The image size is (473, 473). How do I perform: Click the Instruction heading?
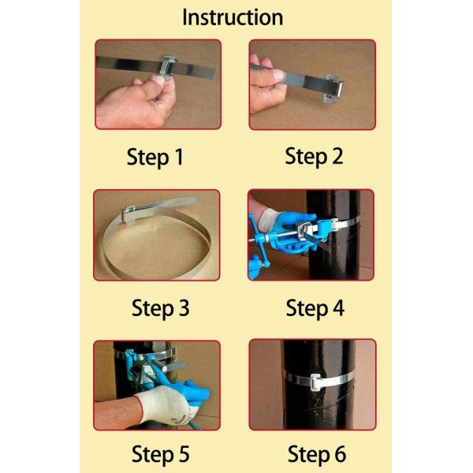tap(233, 17)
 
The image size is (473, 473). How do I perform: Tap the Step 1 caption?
tap(155, 157)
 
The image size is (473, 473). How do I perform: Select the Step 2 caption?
tap(314, 156)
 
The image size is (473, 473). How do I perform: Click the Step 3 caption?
tap(161, 308)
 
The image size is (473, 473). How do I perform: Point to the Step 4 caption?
tap(315, 308)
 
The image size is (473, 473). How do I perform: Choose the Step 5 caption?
tap(161, 454)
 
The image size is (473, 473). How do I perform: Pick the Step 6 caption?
tap(317, 454)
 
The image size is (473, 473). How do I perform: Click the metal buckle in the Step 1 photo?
tap(168, 67)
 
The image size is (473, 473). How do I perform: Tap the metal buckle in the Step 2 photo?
tap(333, 88)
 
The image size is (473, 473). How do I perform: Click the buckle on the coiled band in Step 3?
tap(130, 214)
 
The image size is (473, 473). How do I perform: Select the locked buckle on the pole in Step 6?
tap(316, 382)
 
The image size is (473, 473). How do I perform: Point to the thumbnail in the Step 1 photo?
tap(158, 80)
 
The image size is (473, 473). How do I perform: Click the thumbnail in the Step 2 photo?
tap(278, 75)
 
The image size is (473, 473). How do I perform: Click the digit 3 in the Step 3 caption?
tap(184, 307)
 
